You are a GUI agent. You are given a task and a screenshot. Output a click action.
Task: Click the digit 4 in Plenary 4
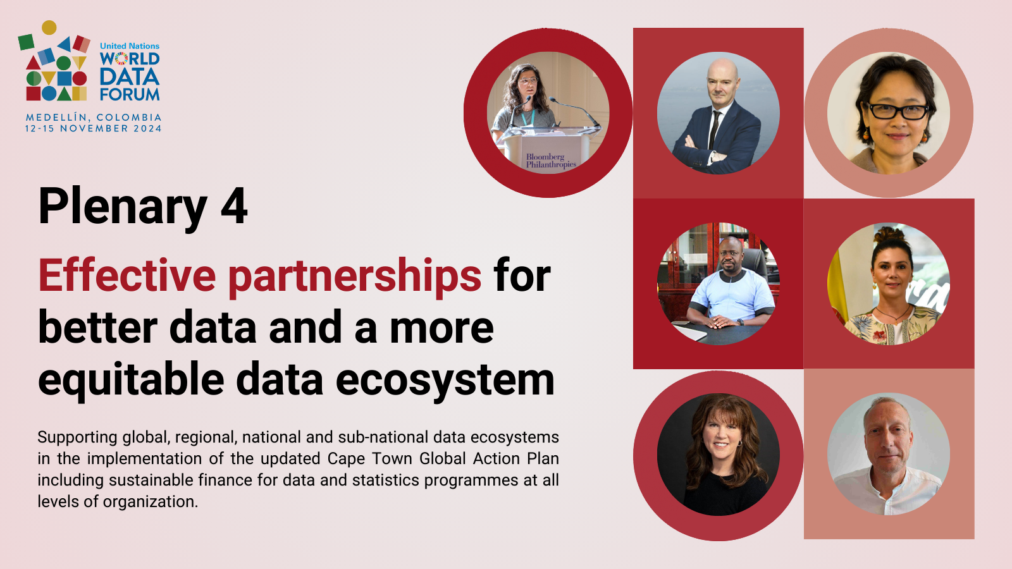point(234,205)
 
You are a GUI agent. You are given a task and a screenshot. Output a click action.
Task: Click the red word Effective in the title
point(127,276)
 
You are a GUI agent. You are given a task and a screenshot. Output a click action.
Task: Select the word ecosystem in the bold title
point(445,380)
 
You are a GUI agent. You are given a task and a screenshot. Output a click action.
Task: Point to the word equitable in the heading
point(131,379)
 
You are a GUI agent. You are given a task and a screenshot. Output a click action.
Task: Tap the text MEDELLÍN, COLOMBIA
point(94,118)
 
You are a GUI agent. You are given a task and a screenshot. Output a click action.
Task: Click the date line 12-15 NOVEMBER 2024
point(94,129)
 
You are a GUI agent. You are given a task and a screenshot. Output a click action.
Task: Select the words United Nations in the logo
point(130,46)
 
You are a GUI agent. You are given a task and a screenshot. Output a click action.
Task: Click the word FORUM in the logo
point(130,94)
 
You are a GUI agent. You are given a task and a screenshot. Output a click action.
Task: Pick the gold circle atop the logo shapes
point(49,28)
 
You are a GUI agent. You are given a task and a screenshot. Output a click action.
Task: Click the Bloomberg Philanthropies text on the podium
point(551,161)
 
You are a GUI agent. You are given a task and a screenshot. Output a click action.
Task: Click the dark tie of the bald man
point(714,130)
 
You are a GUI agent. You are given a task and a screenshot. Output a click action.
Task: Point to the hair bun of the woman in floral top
point(889,235)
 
